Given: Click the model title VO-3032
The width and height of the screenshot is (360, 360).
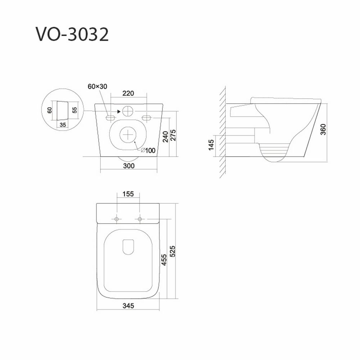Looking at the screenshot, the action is tap(72, 35).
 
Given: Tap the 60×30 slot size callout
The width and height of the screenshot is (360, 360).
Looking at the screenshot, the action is tap(97, 86).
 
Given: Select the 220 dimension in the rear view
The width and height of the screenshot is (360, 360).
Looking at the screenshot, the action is tap(128, 93).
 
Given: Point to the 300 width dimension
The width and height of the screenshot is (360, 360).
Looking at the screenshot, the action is tap(129, 166).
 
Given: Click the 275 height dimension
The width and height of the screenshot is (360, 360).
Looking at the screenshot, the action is tap(174, 135).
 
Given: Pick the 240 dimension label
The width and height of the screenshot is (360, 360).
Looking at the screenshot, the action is tap(165, 137).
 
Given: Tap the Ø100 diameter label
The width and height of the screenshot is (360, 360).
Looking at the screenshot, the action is tap(148, 150).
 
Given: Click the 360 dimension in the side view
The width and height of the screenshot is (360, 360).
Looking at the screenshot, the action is tap(323, 130).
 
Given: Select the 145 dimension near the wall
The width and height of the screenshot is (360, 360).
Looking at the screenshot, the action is tap(211, 145).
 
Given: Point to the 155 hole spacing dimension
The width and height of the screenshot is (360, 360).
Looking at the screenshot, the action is tap(128, 194).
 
